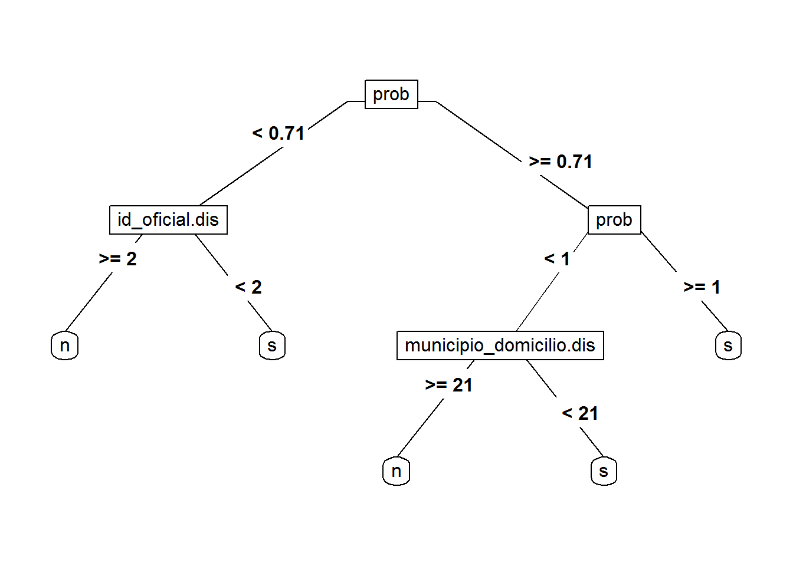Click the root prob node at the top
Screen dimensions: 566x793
(391, 94)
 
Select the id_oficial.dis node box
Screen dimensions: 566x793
(168, 220)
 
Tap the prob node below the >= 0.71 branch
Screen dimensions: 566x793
(614, 220)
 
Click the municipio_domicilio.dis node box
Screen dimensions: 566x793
(500, 345)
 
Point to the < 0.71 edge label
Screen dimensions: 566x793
(278, 133)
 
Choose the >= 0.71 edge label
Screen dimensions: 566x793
(561, 162)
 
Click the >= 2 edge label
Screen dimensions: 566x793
(118, 259)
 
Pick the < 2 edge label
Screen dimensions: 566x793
(248, 287)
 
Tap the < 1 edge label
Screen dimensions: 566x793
(557, 259)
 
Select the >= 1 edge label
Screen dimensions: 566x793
(702, 287)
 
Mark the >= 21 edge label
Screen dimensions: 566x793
(449, 385)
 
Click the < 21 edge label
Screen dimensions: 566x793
(580, 413)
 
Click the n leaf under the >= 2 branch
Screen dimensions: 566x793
(65, 345)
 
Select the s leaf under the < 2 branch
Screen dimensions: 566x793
(272, 345)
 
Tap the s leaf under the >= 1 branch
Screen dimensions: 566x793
(728, 345)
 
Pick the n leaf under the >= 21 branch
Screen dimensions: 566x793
(396, 471)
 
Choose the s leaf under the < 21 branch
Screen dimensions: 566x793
(604, 471)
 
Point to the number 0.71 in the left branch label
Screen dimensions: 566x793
(287, 133)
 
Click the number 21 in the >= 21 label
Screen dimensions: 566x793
(463, 385)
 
